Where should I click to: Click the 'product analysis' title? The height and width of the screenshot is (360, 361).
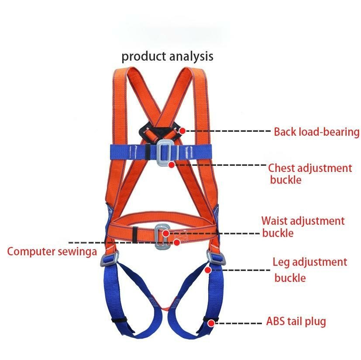point(167,56)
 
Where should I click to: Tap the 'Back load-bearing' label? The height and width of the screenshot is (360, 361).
point(316,132)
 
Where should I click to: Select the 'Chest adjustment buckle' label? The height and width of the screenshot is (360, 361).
point(309,174)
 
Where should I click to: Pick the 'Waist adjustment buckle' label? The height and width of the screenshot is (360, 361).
point(303,227)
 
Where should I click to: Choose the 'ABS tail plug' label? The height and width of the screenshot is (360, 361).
point(296,322)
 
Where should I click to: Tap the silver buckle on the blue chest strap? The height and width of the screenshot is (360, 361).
point(164,153)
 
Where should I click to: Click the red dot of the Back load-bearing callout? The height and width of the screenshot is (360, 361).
point(182,130)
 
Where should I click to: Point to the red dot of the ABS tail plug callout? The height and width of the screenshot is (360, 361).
point(211,323)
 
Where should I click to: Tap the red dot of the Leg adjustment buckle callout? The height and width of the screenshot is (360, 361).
point(208,270)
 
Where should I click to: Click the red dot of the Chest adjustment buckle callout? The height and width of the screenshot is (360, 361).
point(172,165)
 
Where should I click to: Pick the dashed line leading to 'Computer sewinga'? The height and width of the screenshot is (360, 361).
point(87,243)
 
